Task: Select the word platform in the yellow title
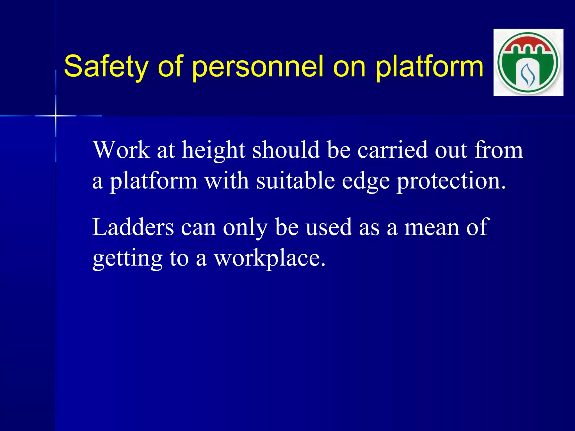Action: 429,66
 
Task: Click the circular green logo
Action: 528,62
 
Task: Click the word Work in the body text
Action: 121,150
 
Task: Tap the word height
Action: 213,150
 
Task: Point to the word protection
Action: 451,181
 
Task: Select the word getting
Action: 128,258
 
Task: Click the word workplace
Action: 270,258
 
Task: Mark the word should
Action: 286,150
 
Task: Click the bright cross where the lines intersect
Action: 56,116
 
